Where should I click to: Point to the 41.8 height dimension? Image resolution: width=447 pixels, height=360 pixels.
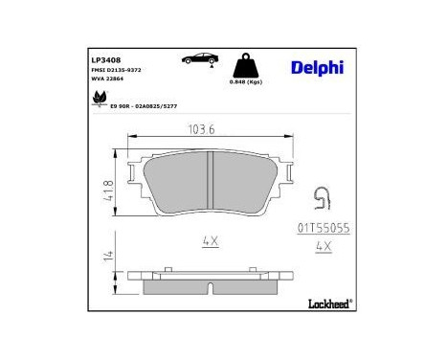coord(109,187)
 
